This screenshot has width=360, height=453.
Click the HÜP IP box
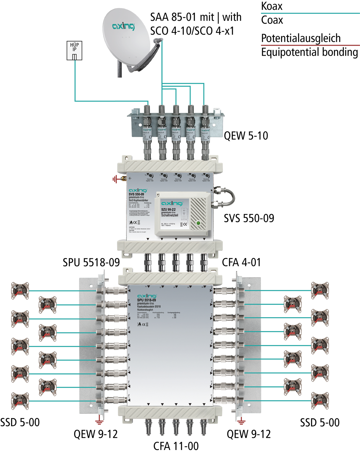click(74, 50)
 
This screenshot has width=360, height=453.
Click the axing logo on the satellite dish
click(123, 26)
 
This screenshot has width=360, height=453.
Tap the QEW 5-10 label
click(246, 136)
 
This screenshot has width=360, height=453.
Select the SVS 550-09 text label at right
click(249, 218)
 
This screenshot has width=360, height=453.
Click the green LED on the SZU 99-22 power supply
click(198, 223)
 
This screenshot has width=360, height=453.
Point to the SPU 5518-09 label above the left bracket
click(91, 262)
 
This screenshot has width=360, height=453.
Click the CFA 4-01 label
click(241, 262)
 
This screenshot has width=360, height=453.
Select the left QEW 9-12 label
click(95, 434)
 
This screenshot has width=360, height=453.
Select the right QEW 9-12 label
click(249, 434)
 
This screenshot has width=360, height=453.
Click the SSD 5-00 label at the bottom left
click(20, 422)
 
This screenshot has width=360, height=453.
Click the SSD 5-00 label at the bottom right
click(320, 422)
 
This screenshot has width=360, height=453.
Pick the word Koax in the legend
click(272, 6)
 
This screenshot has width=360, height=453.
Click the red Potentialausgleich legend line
click(310, 45)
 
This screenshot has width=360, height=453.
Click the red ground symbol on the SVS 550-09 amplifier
click(115, 179)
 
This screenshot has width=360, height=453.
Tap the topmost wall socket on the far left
click(20, 291)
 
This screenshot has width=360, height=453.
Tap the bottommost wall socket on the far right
click(320, 401)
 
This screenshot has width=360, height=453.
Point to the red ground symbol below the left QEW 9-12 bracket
click(99, 421)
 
